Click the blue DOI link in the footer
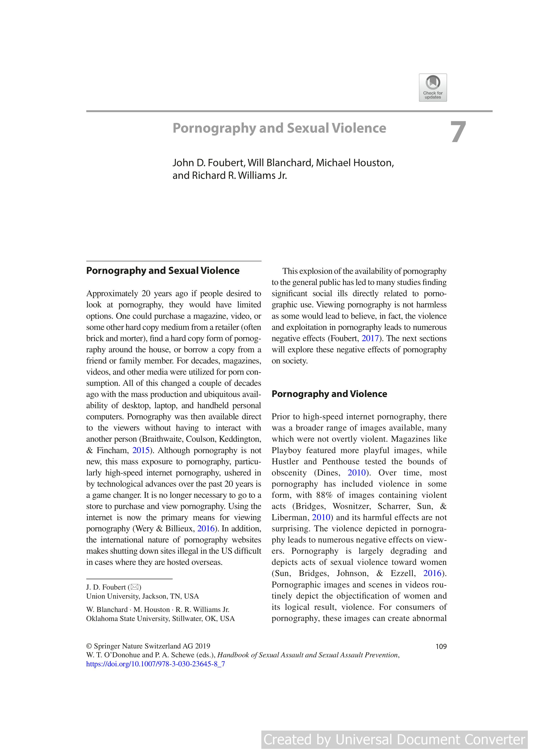coord(155,664)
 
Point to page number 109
coord(441,646)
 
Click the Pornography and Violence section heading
coord(329,394)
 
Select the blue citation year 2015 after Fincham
coord(141,450)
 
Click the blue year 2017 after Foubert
coord(370,338)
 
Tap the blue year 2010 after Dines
coord(356,473)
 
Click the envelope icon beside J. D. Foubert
coord(135,587)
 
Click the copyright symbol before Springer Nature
coord(89,646)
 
